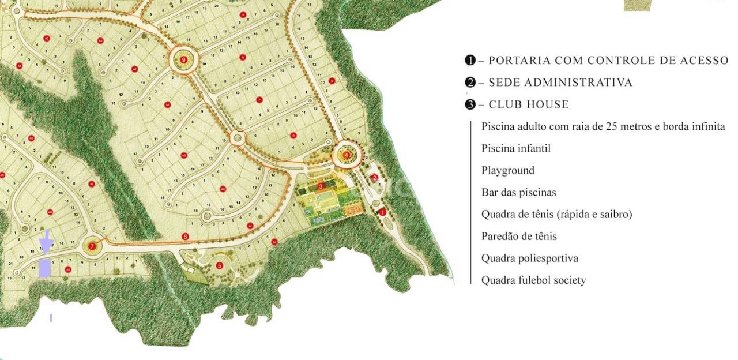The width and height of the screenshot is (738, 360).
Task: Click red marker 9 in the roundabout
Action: coord(184,59)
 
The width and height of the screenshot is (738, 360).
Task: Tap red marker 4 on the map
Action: coord(346,155)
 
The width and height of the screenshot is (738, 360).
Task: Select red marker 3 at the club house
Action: coord(321,186)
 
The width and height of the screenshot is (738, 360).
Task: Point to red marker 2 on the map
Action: coord(375,178)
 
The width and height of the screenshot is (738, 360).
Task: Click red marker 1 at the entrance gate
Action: coord(382,212)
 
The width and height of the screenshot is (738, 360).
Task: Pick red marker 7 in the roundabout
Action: coord(92,246)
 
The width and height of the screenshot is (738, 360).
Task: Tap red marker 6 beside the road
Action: coord(185,237)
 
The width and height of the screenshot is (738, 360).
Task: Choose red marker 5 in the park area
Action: coord(219,266)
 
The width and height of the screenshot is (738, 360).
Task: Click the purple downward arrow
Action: coord(46,242)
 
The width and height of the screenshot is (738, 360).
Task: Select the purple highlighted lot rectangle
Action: coord(45,268)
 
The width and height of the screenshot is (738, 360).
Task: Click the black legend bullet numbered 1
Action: coord(470,60)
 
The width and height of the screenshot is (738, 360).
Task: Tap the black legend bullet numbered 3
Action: coord(470,104)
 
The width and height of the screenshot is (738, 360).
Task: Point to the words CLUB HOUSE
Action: coord(528,104)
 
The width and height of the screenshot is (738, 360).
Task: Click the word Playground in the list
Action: coord(507,170)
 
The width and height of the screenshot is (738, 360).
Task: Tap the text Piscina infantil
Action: coord(515,148)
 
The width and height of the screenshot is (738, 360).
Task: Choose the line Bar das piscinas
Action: coord(518,192)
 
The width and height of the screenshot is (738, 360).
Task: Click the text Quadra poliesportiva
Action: coord(529,258)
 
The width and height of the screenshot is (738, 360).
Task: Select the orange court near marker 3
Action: coord(352,211)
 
